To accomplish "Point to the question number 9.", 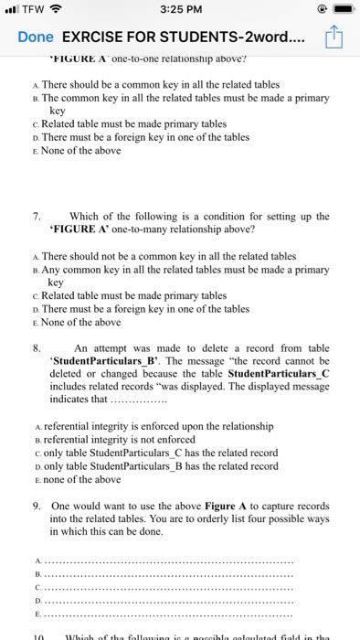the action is click(x=35, y=505).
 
